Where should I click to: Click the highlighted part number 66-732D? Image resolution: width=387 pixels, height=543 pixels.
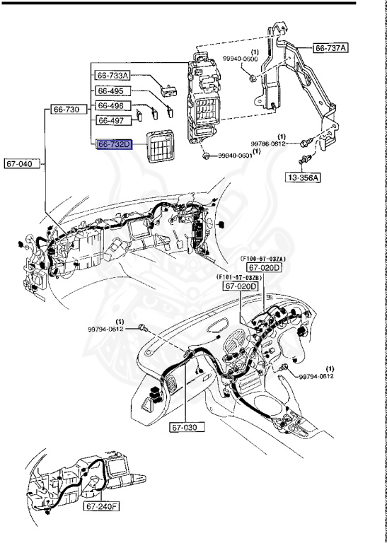tap(114, 144)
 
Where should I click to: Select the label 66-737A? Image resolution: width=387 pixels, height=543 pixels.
tap(331, 49)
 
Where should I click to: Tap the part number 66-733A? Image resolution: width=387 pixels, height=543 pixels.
tap(114, 76)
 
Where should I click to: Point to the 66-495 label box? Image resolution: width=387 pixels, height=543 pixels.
tap(110, 91)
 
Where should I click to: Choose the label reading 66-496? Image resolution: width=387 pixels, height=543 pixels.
tap(110, 106)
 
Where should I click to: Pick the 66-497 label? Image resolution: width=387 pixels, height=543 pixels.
tap(110, 120)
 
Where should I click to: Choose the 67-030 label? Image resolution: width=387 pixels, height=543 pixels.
tap(185, 428)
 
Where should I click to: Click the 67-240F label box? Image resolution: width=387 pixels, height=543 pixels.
tap(102, 507)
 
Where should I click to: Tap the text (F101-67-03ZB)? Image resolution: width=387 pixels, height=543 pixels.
tap(240, 278)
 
